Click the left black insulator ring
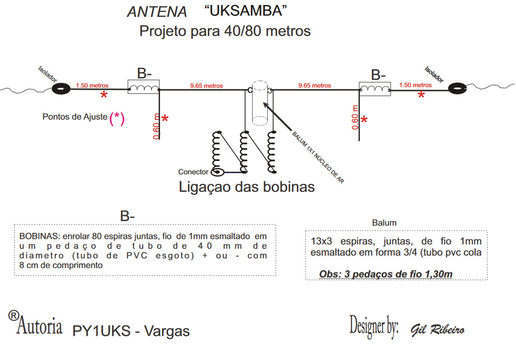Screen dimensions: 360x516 pyautogui.click(x=61, y=89)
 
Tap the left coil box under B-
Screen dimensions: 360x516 pyautogui.click(x=143, y=87)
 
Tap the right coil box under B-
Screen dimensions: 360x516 pyautogui.click(x=375, y=88)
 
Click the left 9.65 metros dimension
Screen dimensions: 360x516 pyautogui.click(x=206, y=85)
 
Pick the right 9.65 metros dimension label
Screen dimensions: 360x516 pyautogui.click(x=314, y=85)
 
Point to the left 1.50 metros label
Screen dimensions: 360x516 pyautogui.click(x=92, y=85)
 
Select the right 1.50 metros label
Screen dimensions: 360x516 pyautogui.click(x=415, y=85)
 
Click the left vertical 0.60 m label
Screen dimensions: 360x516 pyautogui.click(x=157, y=126)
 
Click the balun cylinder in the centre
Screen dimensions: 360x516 pyautogui.click(x=261, y=103)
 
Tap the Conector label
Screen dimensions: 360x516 pyautogui.click(x=193, y=172)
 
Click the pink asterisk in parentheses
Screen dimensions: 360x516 pyautogui.click(x=117, y=118)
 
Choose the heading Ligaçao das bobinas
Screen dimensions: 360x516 pyautogui.click(x=246, y=187)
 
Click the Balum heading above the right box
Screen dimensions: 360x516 pyautogui.click(x=384, y=223)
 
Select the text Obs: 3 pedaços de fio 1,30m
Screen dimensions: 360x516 pyautogui.click(x=386, y=274)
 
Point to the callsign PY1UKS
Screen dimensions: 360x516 pyautogui.click(x=102, y=331)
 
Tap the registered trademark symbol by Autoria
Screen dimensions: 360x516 pyautogui.click(x=14, y=315)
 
